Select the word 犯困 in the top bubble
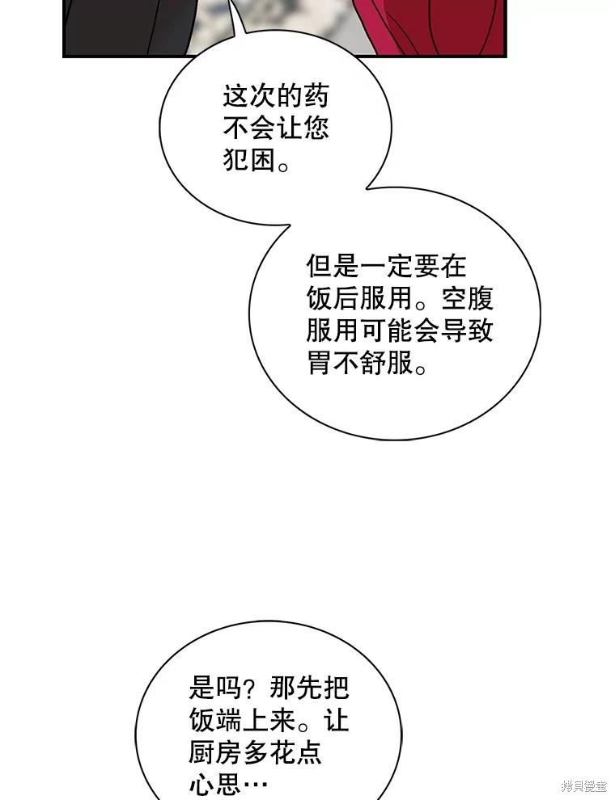point(249,161)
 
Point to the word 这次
point(249,96)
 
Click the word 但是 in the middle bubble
point(333,267)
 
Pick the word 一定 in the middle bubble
point(386,267)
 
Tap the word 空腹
point(467,299)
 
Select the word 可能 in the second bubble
point(386,331)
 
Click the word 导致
point(467,331)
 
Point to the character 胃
point(320,364)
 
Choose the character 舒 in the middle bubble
point(373,364)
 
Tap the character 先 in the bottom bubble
point(308,688)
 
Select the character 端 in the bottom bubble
point(229,721)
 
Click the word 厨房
point(215,754)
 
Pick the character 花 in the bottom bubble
point(282,754)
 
